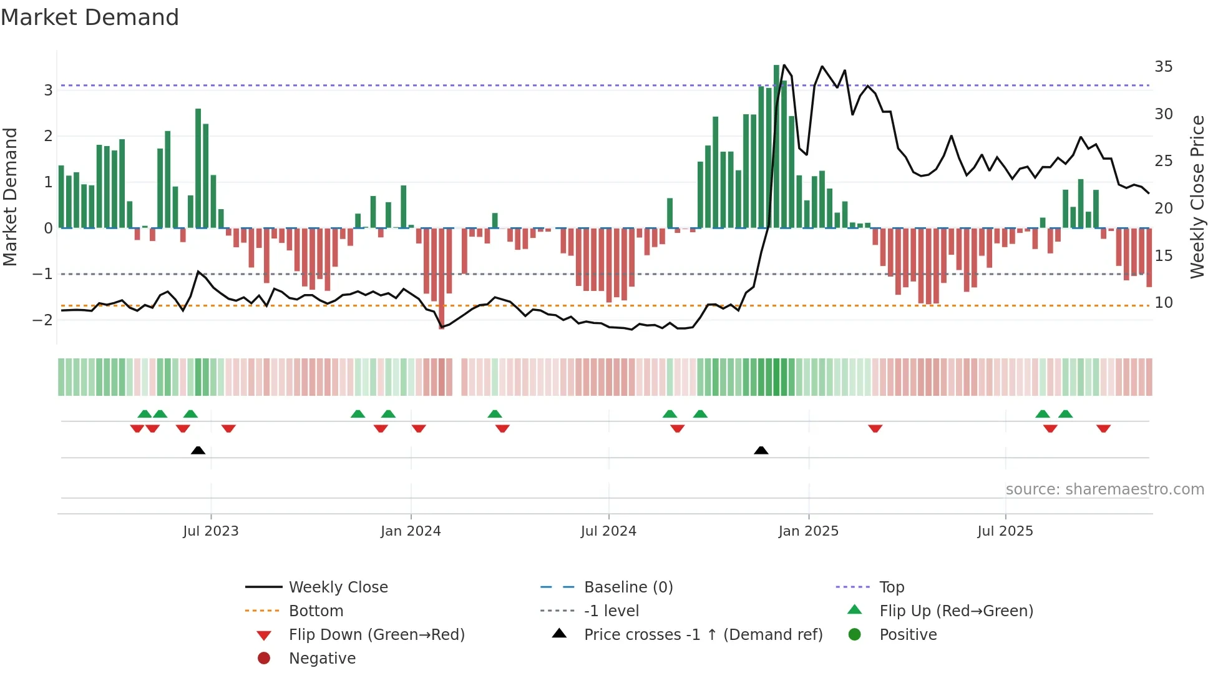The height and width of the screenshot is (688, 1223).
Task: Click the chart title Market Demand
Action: (x=90, y=17)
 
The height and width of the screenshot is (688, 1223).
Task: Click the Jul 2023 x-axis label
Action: (x=210, y=531)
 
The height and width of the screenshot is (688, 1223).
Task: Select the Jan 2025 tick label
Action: (x=808, y=531)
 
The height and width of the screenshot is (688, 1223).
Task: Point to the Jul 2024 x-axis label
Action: (x=608, y=531)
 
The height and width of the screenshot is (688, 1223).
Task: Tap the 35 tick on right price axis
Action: (x=1163, y=66)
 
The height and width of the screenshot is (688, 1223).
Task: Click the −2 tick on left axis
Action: (x=43, y=320)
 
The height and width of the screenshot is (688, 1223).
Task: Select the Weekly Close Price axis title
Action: (x=1197, y=197)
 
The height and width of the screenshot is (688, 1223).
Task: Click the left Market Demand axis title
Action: (x=10, y=197)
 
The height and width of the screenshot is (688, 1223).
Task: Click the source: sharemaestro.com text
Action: (x=1104, y=489)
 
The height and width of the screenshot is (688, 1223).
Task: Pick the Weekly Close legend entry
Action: (x=338, y=587)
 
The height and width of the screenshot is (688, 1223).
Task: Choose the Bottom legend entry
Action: (x=316, y=611)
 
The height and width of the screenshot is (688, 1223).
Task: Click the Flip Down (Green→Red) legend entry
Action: (x=376, y=634)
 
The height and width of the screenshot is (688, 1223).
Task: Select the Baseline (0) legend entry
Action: (x=628, y=587)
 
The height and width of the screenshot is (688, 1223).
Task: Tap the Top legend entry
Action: (x=892, y=587)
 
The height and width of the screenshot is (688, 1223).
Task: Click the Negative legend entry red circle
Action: (x=264, y=658)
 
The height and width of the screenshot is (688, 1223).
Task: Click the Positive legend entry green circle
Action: (x=855, y=634)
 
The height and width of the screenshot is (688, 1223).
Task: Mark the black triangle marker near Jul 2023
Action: (x=198, y=450)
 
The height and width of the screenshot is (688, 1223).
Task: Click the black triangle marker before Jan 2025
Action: (x=761, y=450)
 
